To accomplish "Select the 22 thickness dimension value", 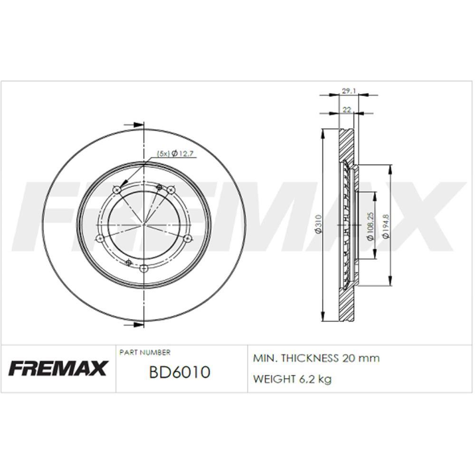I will (x=347, y=109).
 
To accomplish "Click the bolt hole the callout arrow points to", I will (x=117, y=190).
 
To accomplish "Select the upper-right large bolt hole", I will (x=171, y=190).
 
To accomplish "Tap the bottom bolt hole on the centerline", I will (x=144, y=269).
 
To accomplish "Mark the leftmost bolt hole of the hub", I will (x=99, y=239).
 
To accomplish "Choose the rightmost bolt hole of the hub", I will (x=188, y=238).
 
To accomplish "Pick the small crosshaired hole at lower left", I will (x=128, y=262).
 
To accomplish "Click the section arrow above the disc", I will (x=134, y=125).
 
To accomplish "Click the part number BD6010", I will (x=180, y=372).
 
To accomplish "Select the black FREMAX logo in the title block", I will (x=58, y=368).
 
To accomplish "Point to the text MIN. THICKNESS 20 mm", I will (x=316, y=358).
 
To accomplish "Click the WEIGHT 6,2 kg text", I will (x=292, y=379).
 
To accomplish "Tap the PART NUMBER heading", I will (x=144, y=352).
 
